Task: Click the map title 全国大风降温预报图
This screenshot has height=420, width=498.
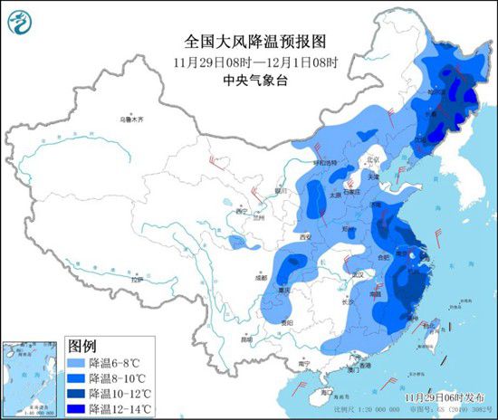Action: [242, 42]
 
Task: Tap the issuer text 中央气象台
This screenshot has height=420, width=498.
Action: [242, 80]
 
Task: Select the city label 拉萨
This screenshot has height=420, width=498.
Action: [134, 282]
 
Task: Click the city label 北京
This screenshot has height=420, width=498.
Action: [368, 161]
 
